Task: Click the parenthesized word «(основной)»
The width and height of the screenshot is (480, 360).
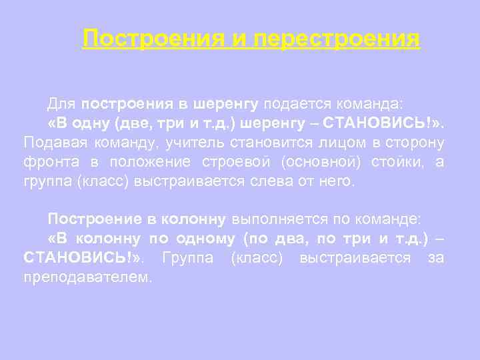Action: pyautogui.click(x=313, y=162)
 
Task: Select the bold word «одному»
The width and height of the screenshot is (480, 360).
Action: pyautogui.click(x=206, y=238)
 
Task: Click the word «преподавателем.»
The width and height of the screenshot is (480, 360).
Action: pyautogui.click(x=87, y=276)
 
